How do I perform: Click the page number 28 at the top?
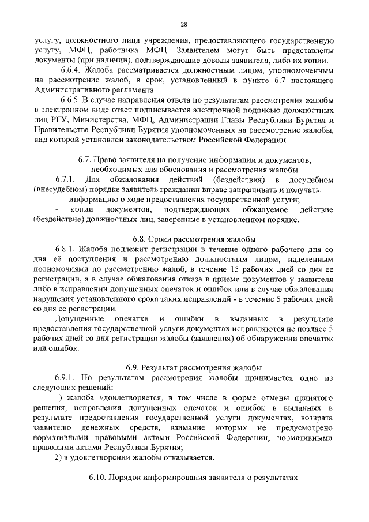[x=184, y=24]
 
